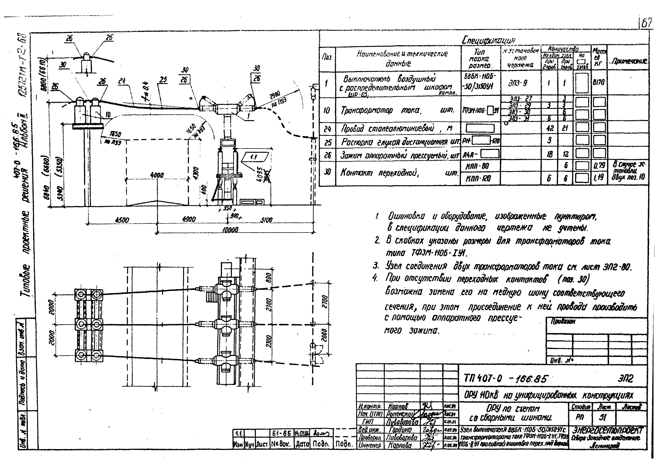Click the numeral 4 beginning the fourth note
point(375,278)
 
